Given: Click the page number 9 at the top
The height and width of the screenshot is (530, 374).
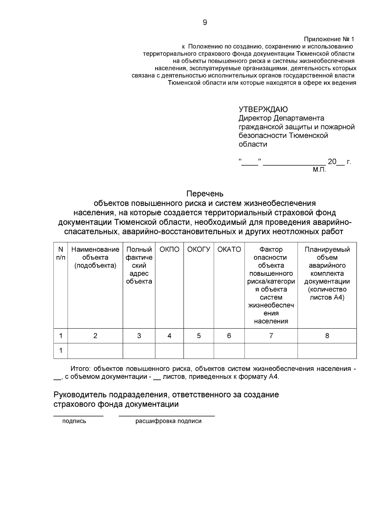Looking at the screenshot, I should coord(205,22).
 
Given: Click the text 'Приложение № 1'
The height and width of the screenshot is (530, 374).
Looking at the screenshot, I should coord(329,40).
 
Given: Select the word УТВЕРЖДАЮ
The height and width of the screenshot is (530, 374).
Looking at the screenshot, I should coord(263,109).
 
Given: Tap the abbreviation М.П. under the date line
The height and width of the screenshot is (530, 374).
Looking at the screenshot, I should coord(319,170).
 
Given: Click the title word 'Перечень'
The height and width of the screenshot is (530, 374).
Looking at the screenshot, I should coord(205,194).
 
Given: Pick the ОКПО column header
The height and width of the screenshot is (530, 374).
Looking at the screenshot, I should coord(169,250).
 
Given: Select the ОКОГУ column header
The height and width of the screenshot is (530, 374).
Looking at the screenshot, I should coord(199,250).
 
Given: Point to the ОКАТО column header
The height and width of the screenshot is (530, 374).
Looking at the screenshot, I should coord(229,250).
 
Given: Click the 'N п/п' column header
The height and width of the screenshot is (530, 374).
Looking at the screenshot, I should coord(61,253).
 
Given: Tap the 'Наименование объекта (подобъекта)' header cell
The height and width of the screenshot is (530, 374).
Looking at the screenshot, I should coord(95,257).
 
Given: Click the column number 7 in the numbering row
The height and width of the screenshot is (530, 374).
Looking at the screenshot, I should coord(271,336).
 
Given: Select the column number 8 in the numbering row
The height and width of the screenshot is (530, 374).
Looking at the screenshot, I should coord(327,336).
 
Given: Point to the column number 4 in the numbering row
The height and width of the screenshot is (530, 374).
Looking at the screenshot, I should coord(169,336).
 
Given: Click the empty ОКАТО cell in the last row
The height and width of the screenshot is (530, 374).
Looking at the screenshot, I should coord(229,351).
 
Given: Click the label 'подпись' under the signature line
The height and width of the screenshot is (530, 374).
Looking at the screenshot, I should coord(74,421).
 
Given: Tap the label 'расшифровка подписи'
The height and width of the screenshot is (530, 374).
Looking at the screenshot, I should coord(168,421).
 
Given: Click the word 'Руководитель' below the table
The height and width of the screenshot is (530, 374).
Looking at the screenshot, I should coord(78,395).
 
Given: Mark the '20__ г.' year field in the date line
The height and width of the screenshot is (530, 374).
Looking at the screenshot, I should coord(339,162).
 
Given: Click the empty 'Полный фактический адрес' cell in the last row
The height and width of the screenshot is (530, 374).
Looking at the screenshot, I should coord(139,351).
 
